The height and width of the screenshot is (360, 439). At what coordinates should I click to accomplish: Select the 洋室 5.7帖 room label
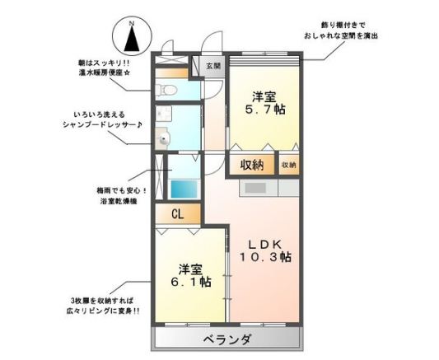point(264,101)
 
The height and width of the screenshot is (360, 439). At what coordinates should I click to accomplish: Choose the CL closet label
point(177,213)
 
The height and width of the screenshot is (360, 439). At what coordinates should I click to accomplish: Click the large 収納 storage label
point(252,165)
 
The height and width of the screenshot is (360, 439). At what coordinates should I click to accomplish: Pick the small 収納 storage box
point(288,165)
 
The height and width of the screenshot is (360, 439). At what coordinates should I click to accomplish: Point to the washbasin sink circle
point(163,140)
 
